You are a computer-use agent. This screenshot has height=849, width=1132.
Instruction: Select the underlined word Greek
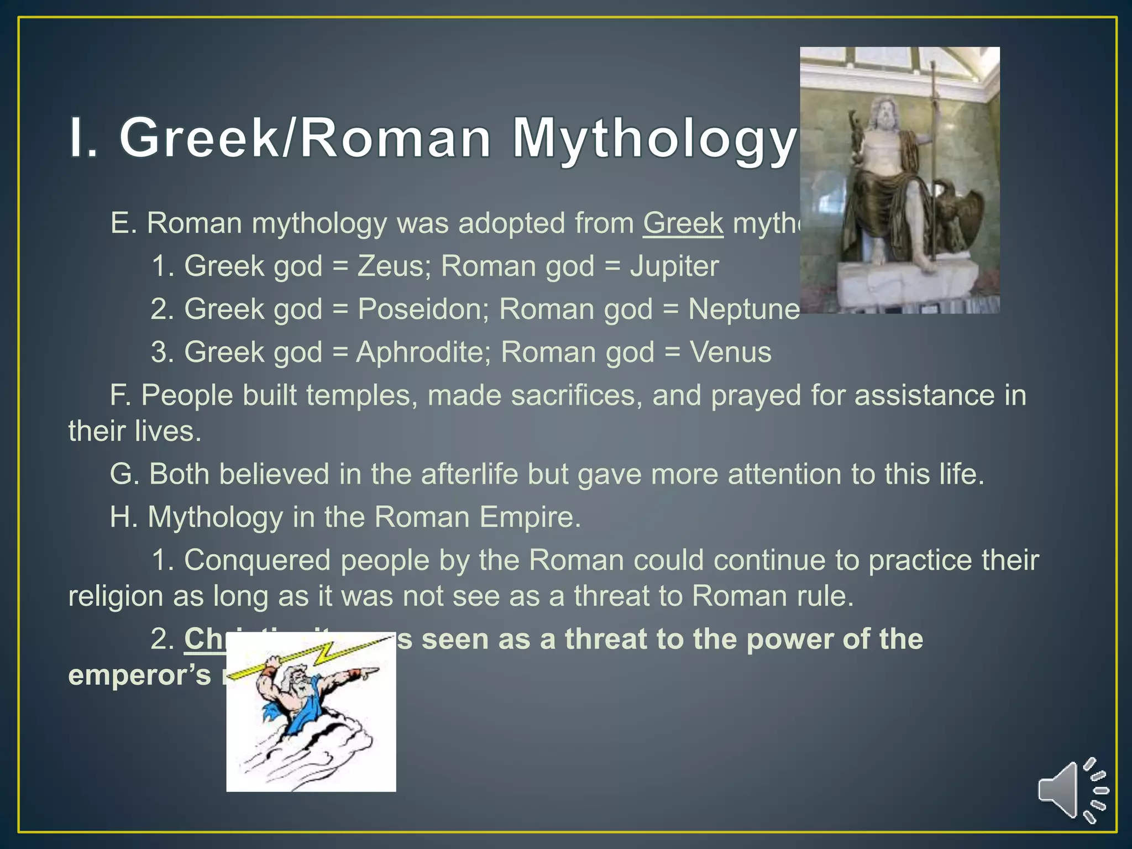[683, 223]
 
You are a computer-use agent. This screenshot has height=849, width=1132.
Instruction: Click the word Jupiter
[674, 266]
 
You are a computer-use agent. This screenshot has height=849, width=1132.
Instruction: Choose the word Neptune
[743, 309]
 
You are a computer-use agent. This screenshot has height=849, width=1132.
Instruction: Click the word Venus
[730, 352]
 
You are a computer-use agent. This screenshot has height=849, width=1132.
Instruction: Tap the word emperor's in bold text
[139, 675]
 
